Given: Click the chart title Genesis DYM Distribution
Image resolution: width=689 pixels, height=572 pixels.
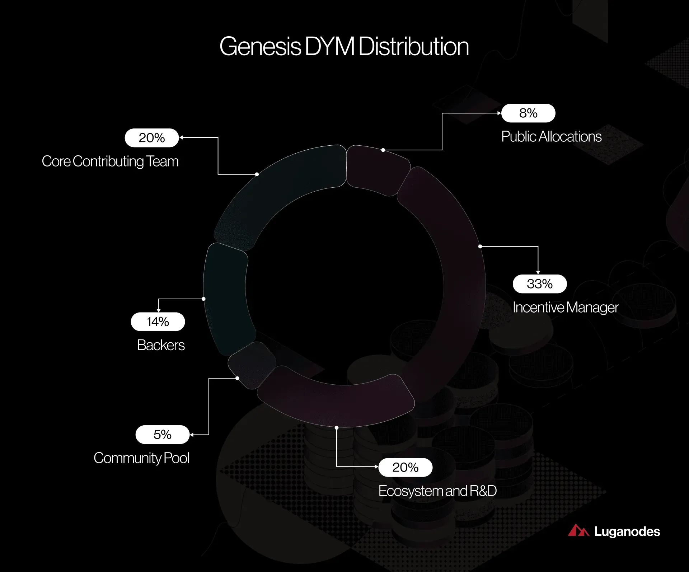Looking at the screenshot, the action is coord(344,47).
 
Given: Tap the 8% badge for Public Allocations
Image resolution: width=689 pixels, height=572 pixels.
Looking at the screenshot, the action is coord(528,113).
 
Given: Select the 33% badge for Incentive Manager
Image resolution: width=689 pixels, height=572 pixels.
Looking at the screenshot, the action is coord(540,284).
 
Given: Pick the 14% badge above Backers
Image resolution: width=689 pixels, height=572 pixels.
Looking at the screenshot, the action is coord(158,322).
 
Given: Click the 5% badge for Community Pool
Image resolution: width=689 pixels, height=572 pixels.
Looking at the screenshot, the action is coord(163,435).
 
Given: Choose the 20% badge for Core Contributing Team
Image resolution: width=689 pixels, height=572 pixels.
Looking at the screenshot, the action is coord(152,138).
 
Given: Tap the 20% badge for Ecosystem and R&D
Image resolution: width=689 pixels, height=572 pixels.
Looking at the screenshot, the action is coord(406,467).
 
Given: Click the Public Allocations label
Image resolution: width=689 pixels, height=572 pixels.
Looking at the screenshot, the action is coord(551,137).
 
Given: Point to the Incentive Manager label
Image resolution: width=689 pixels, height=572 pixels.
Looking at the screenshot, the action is coord(566,308).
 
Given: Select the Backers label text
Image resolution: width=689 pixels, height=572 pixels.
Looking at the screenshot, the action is coord(161,345).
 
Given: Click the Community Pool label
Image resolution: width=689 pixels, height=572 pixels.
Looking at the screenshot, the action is coord(141,458).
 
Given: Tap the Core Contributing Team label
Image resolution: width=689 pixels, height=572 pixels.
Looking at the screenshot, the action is coord(110,161).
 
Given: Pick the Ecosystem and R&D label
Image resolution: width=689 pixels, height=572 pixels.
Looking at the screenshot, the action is coord(437,491).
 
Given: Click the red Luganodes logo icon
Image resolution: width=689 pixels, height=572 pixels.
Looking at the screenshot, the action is coord(578,530).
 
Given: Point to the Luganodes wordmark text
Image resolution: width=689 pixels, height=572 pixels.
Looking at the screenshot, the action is coord(627,531).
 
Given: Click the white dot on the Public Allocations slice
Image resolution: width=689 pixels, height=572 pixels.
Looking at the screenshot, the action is coord(383,150).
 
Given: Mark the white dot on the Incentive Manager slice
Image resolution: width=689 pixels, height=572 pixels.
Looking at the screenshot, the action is coord(480,247).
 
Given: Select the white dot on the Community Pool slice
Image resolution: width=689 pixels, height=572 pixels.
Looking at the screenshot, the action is coord(237,378).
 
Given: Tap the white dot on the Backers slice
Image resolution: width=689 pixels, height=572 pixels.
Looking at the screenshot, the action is coord(203,299).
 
